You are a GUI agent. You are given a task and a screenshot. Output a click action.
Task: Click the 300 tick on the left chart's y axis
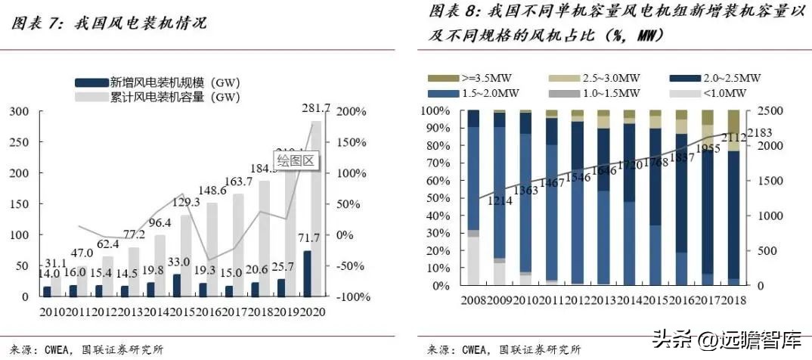coord(20,111)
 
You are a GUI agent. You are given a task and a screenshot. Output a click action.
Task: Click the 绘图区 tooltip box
coord(294,160)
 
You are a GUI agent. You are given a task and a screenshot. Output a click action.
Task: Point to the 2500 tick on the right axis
coord(761,111)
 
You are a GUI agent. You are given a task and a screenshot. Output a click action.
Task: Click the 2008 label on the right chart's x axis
coord(474,300)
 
